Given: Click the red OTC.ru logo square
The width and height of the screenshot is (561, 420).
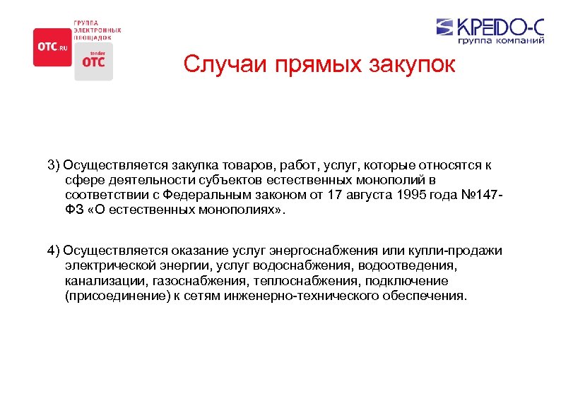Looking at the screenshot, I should pyautogui.click(x=52, y=47).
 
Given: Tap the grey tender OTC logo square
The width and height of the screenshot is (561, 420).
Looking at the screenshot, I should pyautogui.click(x=93, y=61).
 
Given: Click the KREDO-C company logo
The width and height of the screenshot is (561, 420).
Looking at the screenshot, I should pyautogui.click(x=490, y=26).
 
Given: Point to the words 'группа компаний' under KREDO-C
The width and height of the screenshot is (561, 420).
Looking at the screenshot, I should pyautogui.click(x=501, y=42).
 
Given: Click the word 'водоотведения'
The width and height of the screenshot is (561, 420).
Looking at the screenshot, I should pyautogui.click(x=408, y=267).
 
